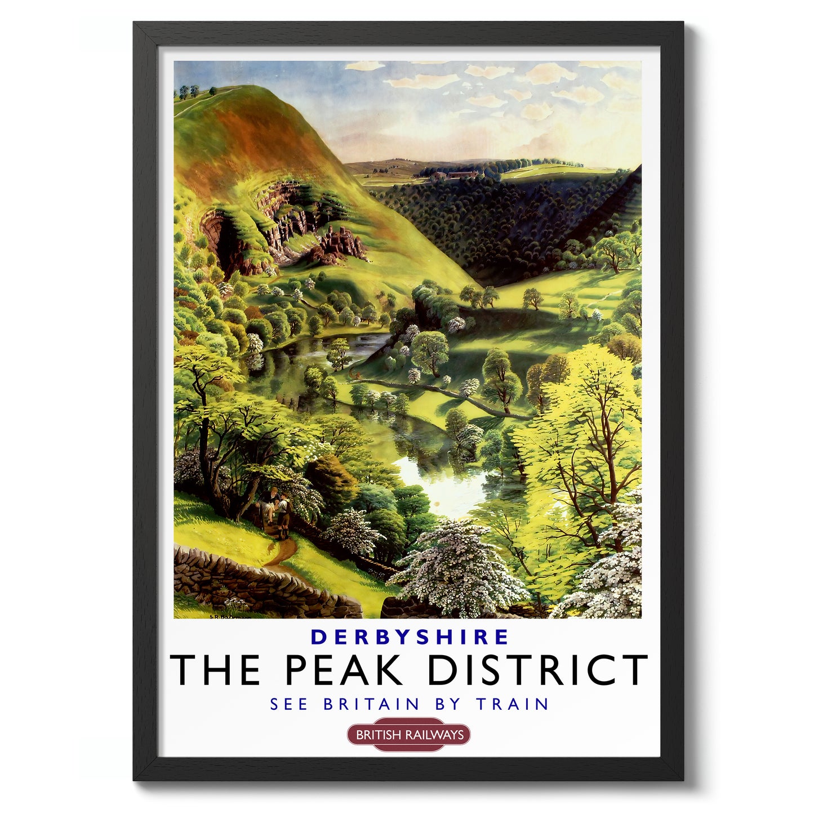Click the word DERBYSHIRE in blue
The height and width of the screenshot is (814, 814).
(x=410, y=637)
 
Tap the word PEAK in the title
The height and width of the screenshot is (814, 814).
(x=344, y=670)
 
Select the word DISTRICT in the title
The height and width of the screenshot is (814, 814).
(x=537, y=670)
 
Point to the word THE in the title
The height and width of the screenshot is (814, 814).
(x=215, y=670)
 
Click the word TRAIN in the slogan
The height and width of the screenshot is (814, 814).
(x=512, y=704)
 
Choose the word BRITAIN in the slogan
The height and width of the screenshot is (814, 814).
(x=372, y=704)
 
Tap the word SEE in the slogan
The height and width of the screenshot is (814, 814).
(x=288, y=704)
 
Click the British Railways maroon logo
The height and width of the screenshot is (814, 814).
(x=408, y=735)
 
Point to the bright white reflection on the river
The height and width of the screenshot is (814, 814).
(x=445, y=484)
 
